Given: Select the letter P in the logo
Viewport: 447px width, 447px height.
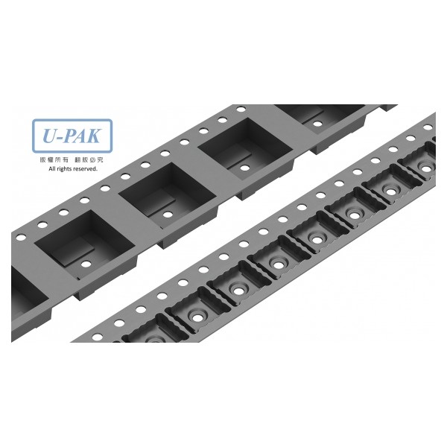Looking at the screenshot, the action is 69,136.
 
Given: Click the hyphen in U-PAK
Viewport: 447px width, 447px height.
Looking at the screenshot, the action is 60,137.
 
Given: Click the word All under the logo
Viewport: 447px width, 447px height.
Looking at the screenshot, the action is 51,169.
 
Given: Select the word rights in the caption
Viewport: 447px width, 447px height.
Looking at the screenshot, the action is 63,169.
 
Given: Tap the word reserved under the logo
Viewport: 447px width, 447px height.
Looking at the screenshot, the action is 85,169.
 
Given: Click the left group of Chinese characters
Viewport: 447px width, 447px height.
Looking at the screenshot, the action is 54,160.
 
